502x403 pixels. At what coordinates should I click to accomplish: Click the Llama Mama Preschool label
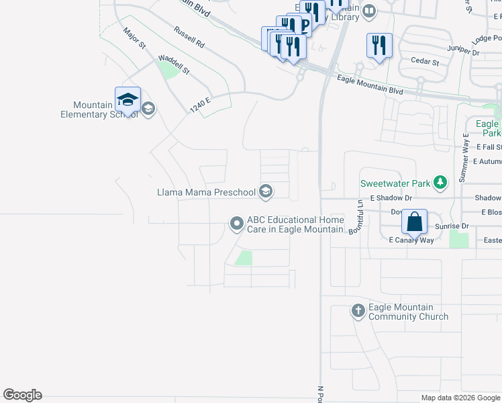click(x=206, y=193)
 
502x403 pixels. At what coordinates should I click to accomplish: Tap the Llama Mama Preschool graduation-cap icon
click(x=266, y=193)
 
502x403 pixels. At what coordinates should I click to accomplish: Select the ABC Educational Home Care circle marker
click(x=236, y=223)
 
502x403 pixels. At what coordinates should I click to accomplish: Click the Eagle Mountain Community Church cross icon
click(x=358, y=311)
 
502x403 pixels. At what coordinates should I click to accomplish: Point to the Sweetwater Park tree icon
click(x=440, y=182)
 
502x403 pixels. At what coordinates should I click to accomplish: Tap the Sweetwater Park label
click(x=394, y=183)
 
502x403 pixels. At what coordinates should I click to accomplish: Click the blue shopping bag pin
click(x=415, y=222)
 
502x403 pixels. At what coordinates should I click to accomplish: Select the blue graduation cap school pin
click(x=128, y=101)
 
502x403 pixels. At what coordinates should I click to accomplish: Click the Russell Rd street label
click(x=189, y=36)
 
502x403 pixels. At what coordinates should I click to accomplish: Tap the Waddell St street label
click(x=174, y=65)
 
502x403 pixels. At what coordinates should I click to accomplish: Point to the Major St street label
click(x=134, y=38)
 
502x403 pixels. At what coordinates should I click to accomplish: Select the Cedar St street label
click(x=425, y=62)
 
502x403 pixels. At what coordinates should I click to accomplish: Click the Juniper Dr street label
click(x=464, y=50)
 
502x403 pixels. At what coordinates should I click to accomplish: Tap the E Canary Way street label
click(x=411, y=240)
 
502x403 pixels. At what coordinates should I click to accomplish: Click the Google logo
click(x=22, y=395)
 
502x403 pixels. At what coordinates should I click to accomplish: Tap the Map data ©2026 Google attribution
click(x=460, y=398)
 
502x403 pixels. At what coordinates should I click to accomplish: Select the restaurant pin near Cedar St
click(x=379, y=46)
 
